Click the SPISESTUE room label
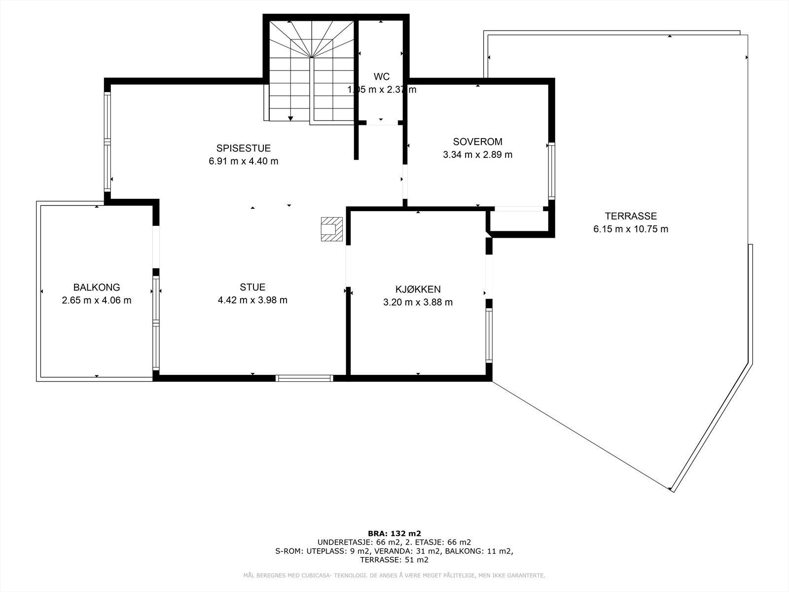pyautogui.click(x=243, y=148)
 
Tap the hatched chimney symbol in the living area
pyautogui.click(x=331, y=229)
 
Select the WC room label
pyautogui.click(x=381, y=76)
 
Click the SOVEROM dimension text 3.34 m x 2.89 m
pyautogui.click(x=477, y=154)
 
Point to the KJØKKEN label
pyautogui.click(x=418, y=290)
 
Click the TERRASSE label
pyautogui.click(x=631, y=216)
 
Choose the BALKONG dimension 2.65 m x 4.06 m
pyautogui.click(x=97, y=300)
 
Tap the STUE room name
pyautogui.click(x=252, y=287)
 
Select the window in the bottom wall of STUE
pyautogui.click(x=304, y=378)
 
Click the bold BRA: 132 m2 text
pyautogui.click(x=394, y=533)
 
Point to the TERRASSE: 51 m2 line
pyautogui.click(x=394, y=560)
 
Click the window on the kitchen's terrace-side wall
pyautogui.click(x=489, y=335)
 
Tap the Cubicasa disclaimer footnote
pyautogui.click(x=394, y=576)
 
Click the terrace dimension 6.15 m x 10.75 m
pyautogui.click(x=631, y=229)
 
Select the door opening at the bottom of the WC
pyautogui.click(x=381, y=122)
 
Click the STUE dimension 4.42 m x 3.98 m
pyautogui.click(x=252, y=300)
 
